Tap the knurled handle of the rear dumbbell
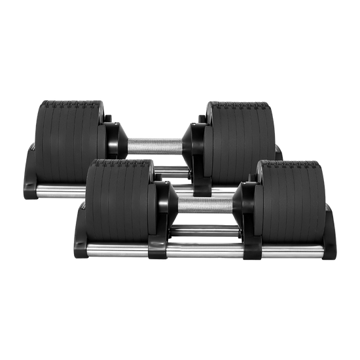pyautogui.click(x=155, y=145)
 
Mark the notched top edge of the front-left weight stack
pyautogui.click(x=118, y=162)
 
